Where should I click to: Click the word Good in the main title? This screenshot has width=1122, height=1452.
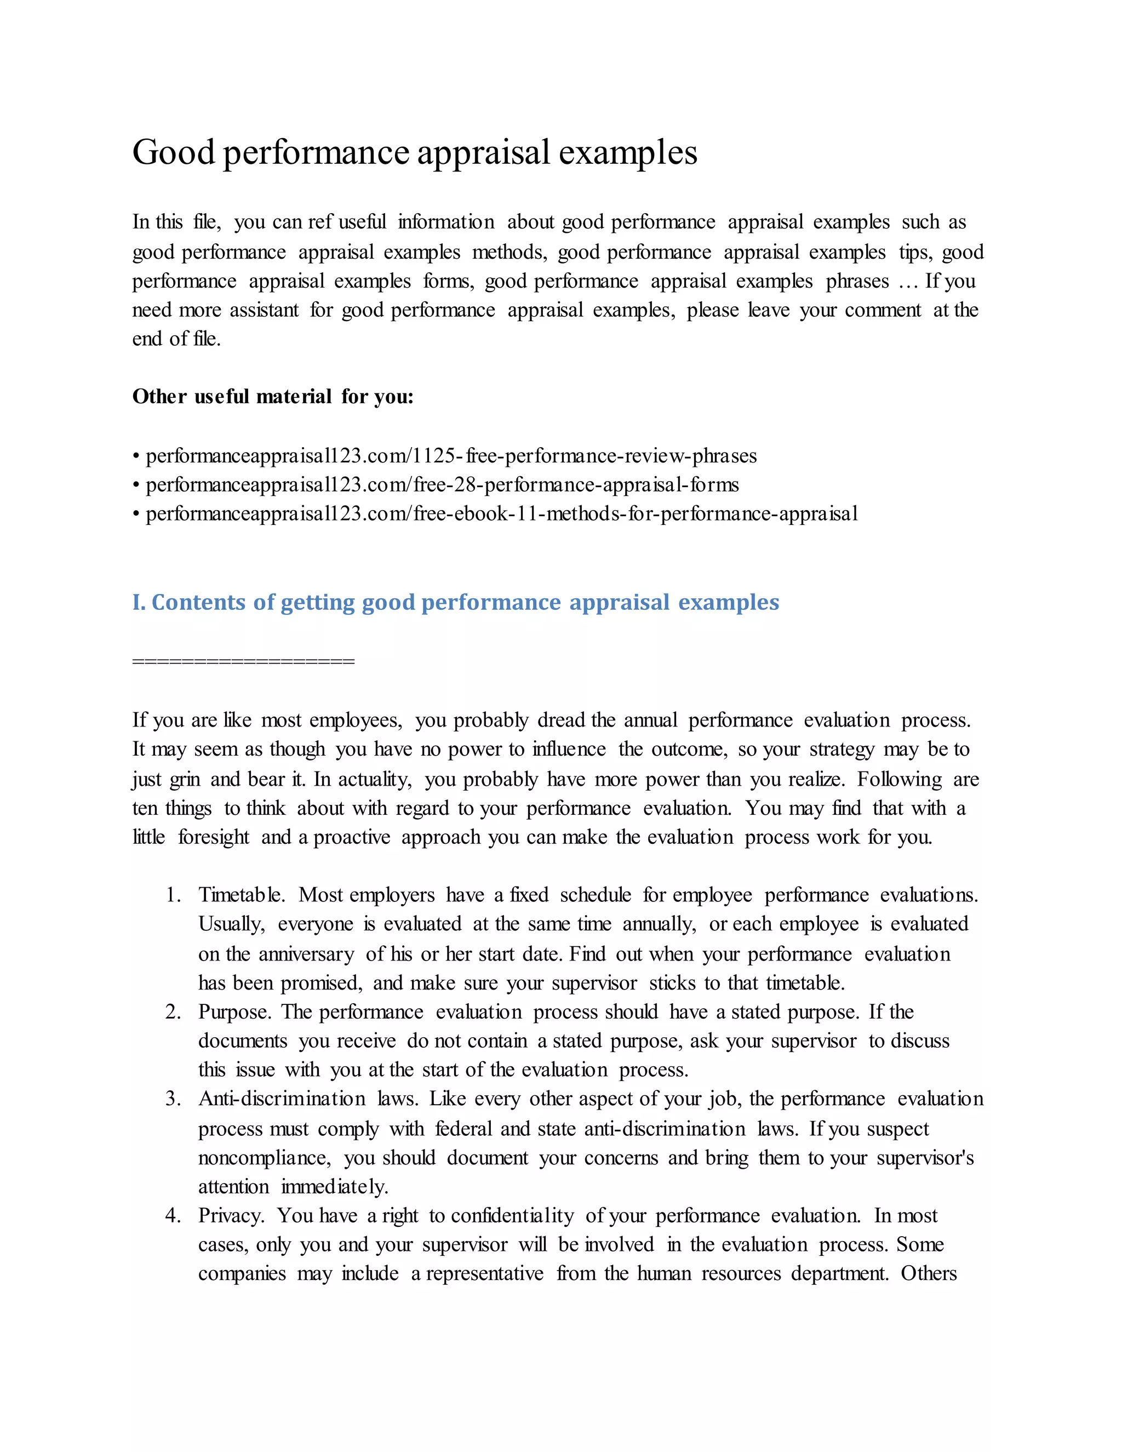[174, 152]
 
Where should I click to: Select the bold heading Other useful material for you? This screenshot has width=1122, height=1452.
[272, 397]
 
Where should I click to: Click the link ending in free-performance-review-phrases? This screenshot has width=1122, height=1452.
[451, 456]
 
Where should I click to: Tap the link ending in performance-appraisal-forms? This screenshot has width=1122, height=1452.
[442, 485]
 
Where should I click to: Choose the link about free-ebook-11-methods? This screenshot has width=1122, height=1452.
[501, 514]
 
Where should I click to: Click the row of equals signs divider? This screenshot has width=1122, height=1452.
[243, 661]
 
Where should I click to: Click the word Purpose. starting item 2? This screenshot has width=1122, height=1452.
[234, 1012]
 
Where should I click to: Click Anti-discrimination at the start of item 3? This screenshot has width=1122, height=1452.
[281, 1099]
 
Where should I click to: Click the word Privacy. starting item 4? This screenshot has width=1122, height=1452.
[231, 1216]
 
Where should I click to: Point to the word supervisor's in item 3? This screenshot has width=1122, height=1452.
[925, 1158]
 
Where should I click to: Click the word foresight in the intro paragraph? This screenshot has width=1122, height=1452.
[213, 837]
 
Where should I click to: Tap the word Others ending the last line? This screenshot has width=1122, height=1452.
[929, 1274]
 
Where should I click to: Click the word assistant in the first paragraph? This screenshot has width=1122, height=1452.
[264, 311]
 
